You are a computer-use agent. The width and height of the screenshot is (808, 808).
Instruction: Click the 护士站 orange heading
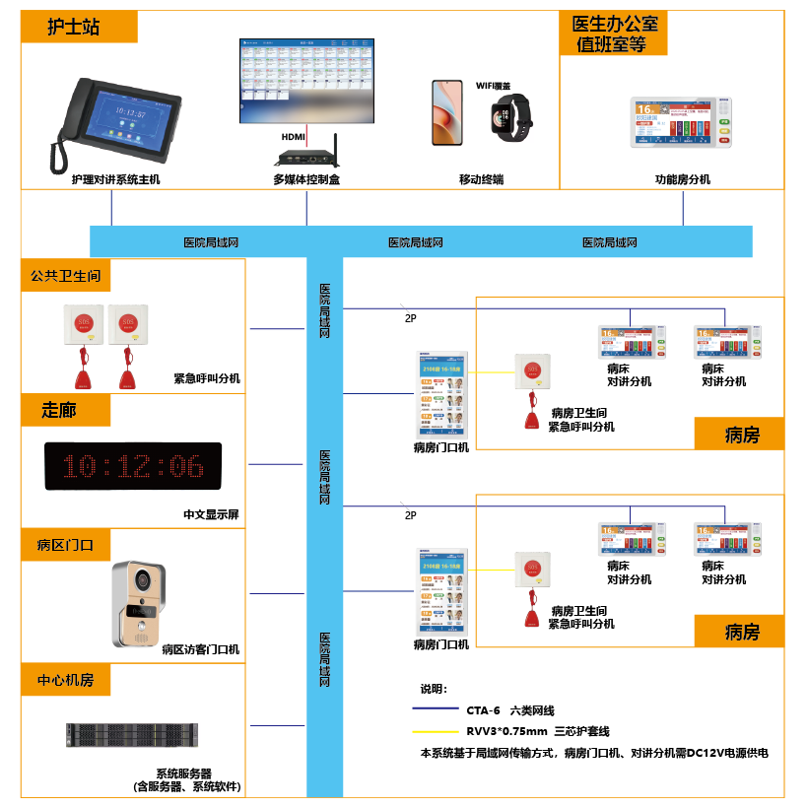[x=74, y=27]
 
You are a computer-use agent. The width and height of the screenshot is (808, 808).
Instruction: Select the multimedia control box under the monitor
[x=306, y=155]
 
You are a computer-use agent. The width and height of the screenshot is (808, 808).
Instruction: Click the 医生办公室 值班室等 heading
[x=613, y=34]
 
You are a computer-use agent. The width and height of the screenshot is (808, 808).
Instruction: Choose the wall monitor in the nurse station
[x=306, y=81]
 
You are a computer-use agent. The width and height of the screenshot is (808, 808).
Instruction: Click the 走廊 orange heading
[x=59, y=410]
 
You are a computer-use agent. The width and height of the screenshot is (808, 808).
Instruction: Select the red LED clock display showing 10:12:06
[x=133, y=466]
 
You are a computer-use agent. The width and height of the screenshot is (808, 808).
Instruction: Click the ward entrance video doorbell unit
[x=143, y=604]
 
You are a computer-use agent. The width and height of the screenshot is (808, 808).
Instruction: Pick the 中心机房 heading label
[x=66, y=680]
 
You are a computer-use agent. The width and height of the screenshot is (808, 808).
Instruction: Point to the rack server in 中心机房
[x=132, y=735]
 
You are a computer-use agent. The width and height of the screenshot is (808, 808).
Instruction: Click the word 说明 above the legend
[x=434, y=689]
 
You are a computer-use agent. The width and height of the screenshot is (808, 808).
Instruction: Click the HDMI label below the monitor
[x=293, y=137]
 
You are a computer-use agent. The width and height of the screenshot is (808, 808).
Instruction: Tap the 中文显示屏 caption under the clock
[x=210, y=514]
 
